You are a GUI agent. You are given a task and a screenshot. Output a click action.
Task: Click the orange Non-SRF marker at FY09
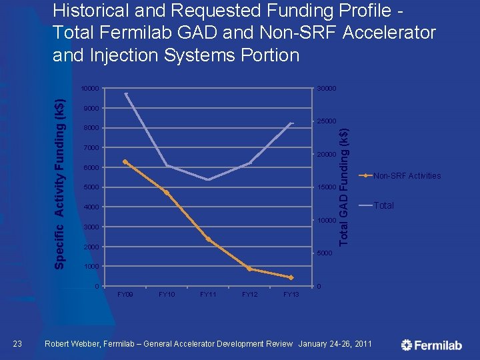click(x=125, y=162)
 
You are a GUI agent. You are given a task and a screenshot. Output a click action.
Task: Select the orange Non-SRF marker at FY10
click(x=167, y=193)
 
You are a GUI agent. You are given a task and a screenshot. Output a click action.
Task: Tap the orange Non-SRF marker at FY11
click(x=208, y=239)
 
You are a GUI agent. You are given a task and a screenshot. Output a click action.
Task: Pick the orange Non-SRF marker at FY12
click(x=249, y=269)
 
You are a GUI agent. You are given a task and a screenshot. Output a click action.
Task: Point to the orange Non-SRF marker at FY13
click(x=291, y=277)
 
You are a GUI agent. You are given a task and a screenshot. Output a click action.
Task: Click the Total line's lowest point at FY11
click(x=208, y=179)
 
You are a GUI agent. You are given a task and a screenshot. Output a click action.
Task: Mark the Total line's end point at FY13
click(x=291, y=123)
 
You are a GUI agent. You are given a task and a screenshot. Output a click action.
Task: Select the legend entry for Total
click(x=383, y=205)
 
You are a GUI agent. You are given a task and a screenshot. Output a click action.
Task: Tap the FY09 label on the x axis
click(x=125, y=294)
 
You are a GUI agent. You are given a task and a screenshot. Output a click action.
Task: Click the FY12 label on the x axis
click(x=249, y=294)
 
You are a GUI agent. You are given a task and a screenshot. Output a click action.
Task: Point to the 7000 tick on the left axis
click(x=91, y=148)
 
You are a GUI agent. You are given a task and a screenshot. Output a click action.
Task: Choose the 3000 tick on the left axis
click(x=91, y=227)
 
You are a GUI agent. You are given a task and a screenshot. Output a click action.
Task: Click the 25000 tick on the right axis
click(x=327, y=121)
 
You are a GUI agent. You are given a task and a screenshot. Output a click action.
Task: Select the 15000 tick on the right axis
click(x=327, y=187)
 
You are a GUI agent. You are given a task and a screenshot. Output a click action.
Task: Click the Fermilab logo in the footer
click(x=431, y=345)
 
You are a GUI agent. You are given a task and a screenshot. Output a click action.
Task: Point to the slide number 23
click(x=19, y=343)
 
